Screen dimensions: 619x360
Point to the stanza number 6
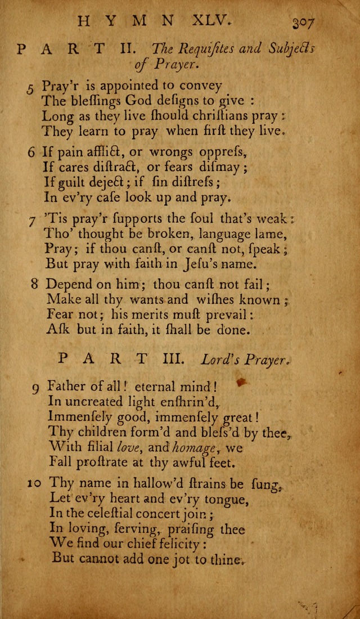pos(31,151)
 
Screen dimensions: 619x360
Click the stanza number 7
pos(33,218)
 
